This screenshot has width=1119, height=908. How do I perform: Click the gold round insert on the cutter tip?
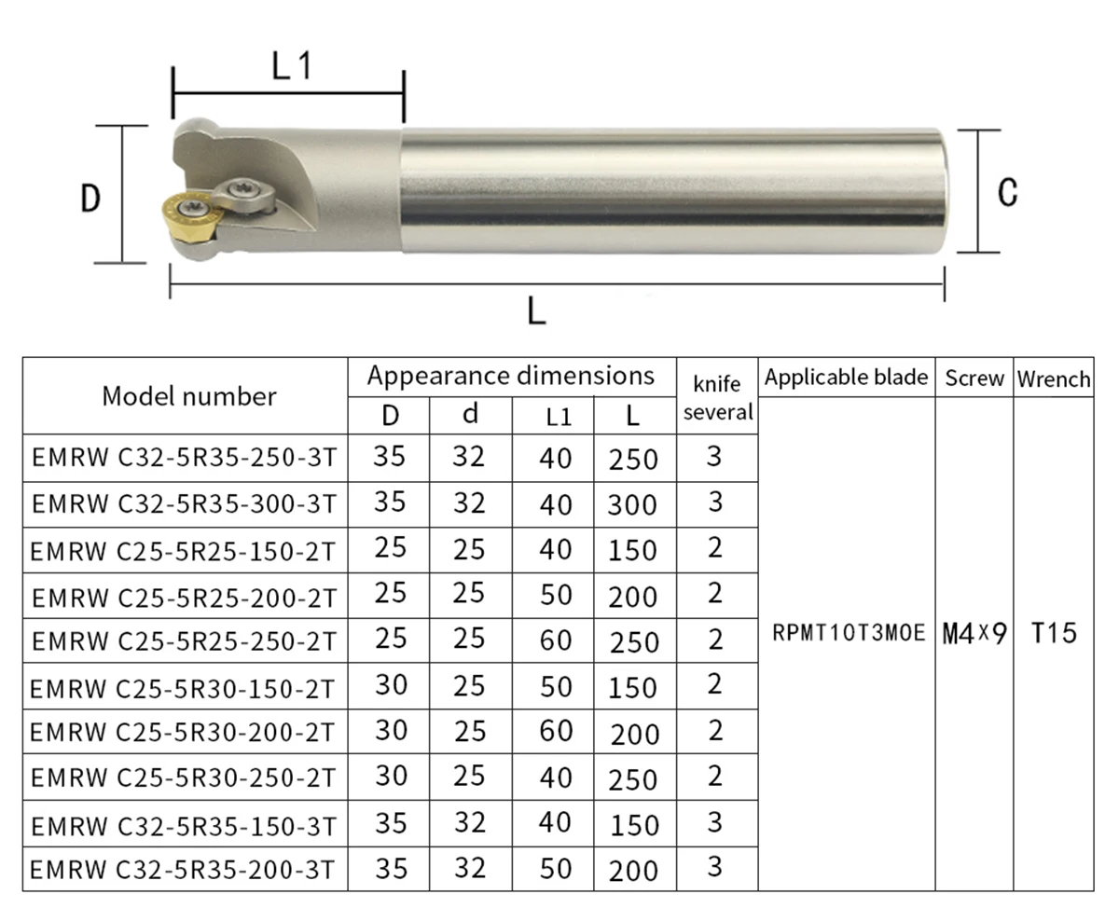[191, 219]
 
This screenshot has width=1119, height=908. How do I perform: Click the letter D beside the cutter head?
[90, 198]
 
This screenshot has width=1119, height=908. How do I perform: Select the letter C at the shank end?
[1008, 192]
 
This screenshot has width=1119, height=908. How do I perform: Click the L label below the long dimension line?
[536, 310]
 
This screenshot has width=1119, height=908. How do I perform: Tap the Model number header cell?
[189, 396]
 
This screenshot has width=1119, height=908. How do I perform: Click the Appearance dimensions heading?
[511, 376]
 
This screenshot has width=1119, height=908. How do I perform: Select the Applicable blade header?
[846, 377]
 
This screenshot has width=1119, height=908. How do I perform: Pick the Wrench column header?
[1054, 378]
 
